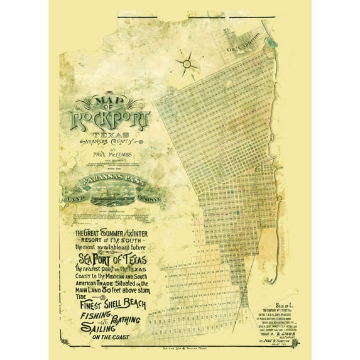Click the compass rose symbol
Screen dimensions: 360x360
pyautogui.click(x=187, y=63)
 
